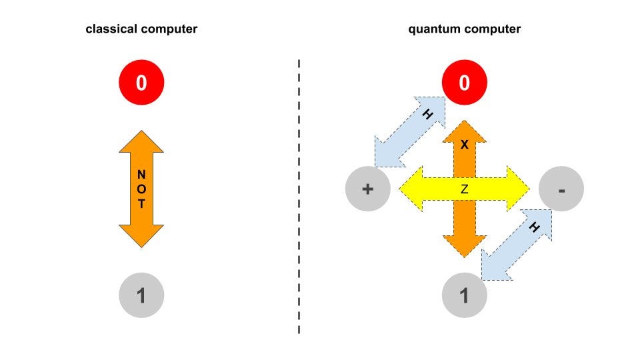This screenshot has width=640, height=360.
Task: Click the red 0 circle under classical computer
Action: pos(141,83)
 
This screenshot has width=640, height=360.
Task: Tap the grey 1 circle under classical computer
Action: pos(141,295)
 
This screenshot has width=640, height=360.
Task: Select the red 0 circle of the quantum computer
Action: pos(465,83)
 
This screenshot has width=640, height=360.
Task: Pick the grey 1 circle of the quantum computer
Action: pos(465,295)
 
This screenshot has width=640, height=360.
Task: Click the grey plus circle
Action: pos(367,189)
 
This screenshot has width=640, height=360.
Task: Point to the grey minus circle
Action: pos(561,189)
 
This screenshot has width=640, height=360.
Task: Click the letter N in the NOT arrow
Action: pos(141,174)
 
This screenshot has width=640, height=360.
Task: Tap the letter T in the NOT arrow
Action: pos(141,205)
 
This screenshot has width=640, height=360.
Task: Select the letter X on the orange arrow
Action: pos(465,145)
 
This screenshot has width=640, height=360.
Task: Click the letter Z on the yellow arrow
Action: pos(465,190)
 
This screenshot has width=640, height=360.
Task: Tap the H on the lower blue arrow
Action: pos(534,227)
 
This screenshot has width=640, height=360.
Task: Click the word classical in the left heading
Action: pos(109,29)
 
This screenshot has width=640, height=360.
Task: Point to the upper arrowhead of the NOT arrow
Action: pos(141,141)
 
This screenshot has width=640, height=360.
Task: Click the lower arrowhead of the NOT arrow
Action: pos(141,237)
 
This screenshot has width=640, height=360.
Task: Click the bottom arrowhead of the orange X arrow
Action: pos(465,245)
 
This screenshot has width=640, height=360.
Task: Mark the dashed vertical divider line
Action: pos(299,200)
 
